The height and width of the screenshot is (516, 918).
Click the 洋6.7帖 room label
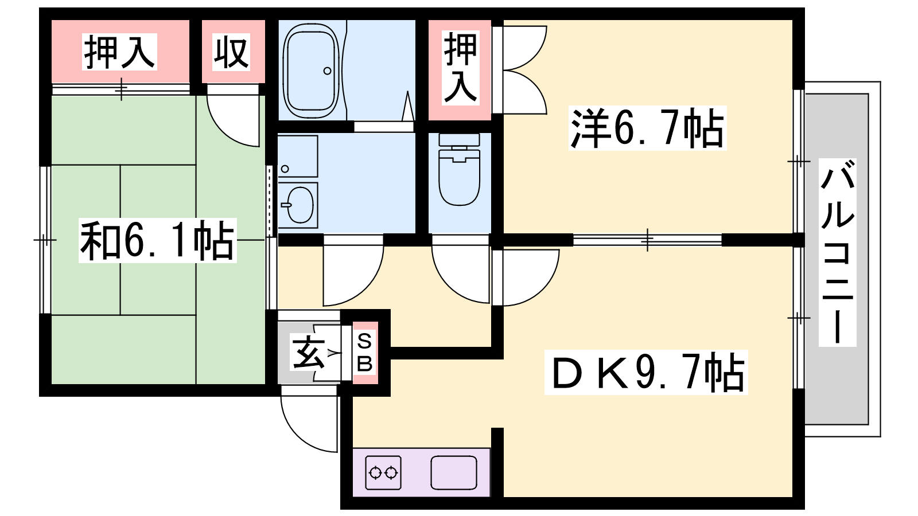[647, 128]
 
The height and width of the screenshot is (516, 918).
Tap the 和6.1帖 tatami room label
[158, 240]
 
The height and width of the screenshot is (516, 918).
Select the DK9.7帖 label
[646, 372]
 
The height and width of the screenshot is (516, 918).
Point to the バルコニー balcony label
[838, 252]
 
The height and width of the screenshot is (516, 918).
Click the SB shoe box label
[364, 352]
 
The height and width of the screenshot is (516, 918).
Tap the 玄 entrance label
[308, 352]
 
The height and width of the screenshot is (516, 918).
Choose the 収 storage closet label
[232, 52]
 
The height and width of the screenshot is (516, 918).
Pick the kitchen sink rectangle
[454, 472]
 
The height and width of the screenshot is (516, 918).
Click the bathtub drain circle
[327, 71]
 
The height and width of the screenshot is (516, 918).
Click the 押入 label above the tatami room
[120, 52]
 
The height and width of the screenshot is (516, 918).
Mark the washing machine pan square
[298, 157]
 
